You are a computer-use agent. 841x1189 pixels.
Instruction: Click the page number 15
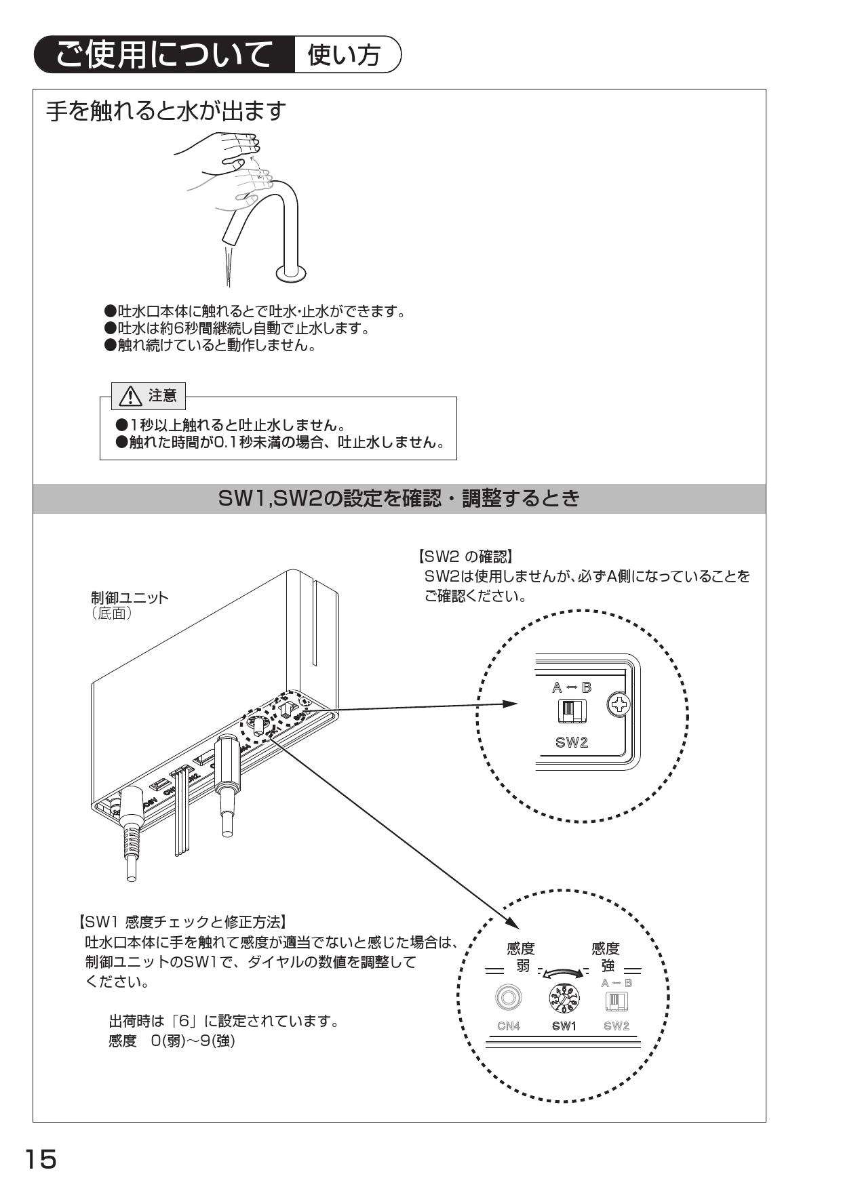point(41,1158)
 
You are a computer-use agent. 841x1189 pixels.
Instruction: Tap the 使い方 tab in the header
point(345,55)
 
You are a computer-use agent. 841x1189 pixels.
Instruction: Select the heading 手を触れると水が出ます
point(166,111)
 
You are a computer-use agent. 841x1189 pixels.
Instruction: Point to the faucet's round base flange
point(290,273)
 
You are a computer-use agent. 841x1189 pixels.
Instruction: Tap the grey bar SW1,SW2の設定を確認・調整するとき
point(399,499)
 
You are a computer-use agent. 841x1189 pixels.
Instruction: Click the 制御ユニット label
point(130,598)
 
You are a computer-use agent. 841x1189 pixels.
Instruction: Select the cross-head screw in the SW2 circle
point(619,705)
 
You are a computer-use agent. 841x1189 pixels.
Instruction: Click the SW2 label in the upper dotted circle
point(572,742)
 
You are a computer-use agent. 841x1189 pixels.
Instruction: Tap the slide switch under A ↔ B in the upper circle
point(572,710)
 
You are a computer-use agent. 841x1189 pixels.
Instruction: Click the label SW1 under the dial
point(564,1026)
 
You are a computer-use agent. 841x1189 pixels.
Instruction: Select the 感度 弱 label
point(521,956)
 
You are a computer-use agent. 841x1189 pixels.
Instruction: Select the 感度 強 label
point(606,956)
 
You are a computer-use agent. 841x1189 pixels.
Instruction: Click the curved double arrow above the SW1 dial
point(562,973)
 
